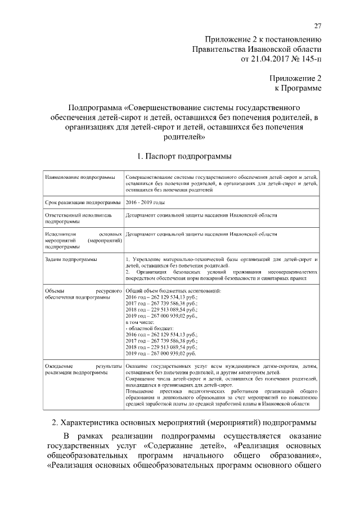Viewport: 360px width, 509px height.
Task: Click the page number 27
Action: tap(317, 25)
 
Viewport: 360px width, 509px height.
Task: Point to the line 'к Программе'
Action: tap(298, 88)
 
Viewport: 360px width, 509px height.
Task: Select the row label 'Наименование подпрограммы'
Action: tap(76, 177)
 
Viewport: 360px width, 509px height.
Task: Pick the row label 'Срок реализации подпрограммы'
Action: tap(82, 201)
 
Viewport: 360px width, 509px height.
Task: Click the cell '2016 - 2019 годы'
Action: tap(146, 201)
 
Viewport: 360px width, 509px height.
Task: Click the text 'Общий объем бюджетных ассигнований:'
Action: tap(173, 290)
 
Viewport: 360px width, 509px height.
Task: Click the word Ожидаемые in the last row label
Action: tap(58, 366)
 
